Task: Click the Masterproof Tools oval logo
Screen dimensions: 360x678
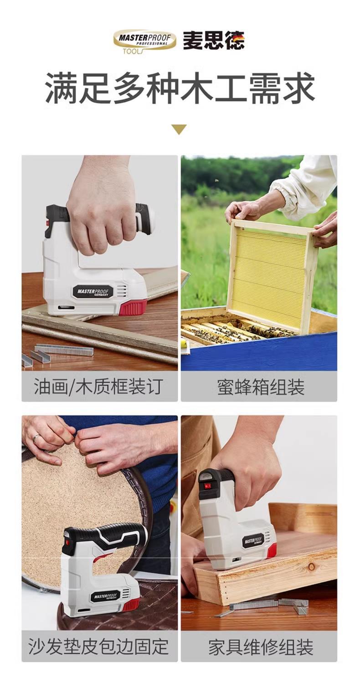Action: click(144, 42)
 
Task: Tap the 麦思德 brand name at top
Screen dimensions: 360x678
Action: click(214, 41)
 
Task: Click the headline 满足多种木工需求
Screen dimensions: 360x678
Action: click(180, 88)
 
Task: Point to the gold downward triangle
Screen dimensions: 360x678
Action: click(179, 129)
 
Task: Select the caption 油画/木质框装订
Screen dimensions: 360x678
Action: click(98, 387)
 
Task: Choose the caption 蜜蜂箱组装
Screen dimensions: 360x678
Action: click(261, 387)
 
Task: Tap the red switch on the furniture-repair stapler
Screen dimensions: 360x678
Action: click(207, 487)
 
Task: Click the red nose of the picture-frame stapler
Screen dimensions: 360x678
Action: click(133, 306)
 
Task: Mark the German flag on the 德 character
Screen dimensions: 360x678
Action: click(240, 36)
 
